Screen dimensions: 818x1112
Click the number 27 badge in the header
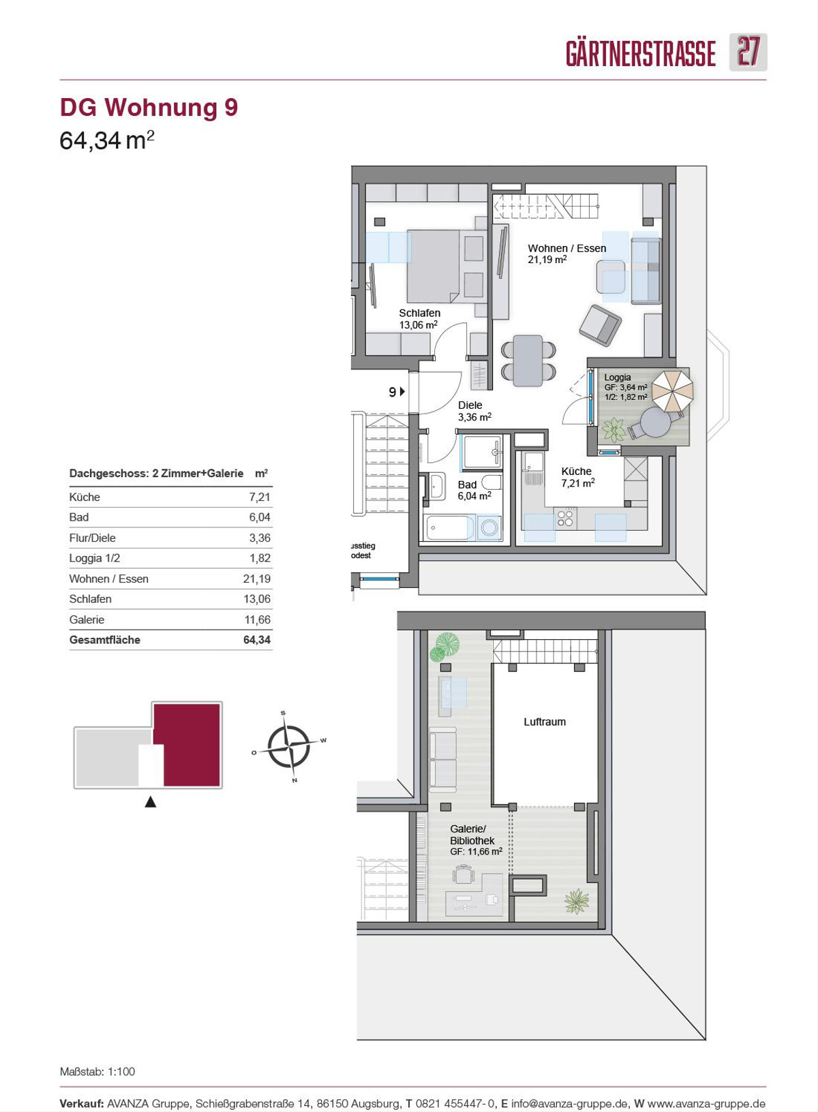[x=748, y=52]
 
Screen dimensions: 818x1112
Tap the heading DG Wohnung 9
[x=149, y=108]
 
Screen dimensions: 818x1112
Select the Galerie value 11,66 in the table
[x=257, y=619]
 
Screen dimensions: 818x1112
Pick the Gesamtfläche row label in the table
[x=105, y=640]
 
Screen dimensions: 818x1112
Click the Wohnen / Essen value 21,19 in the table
[x=257, y=579]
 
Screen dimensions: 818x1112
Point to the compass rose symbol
[x=288, y=746]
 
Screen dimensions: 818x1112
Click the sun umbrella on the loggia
[x=672, y=390]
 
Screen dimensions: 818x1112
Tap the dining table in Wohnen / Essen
[x=528, y=360]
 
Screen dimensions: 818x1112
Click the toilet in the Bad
[x=491, y=482]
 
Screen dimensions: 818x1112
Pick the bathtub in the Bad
[x=450, y=527]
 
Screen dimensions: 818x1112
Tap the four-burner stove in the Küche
[x=565, y=518]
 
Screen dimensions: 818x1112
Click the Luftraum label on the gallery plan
[x=545, y=722]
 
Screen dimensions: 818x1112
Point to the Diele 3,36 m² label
[x=474, y=411]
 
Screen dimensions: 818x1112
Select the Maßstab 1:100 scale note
[x=97, y=1071]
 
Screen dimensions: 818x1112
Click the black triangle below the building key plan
[x=151, y=802]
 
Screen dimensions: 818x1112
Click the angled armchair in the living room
[x=600, y=325]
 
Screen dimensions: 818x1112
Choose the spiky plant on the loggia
[x=614, y=429]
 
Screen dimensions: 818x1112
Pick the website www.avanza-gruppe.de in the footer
[x=706, y=1104]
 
